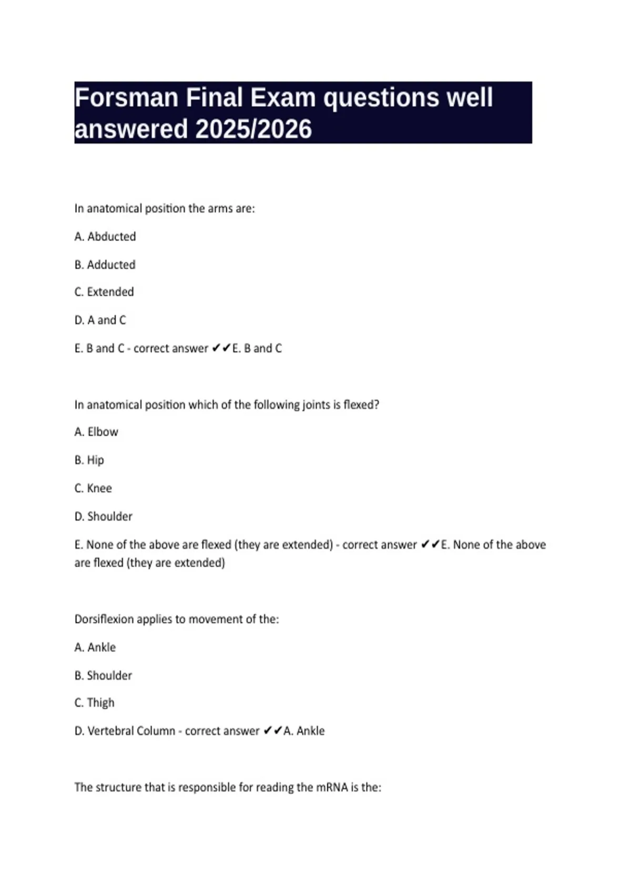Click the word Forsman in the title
point(126,98)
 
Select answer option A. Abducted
point(105,237)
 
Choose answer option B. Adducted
point(105,265)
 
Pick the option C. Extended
point(104,292)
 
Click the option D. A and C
point(100,320)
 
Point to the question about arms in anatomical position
point(165,209)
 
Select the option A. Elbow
point(96,432)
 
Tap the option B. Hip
point(89,460)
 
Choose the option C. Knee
point(93,488)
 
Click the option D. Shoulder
point(104,516)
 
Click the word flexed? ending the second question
point(361,405)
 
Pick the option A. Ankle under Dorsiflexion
point(95,647)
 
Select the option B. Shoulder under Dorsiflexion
point(104,675)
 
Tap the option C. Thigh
point(95,703)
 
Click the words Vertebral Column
point(131,731)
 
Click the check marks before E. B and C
point(221,348)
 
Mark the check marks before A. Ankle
point(272,731)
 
